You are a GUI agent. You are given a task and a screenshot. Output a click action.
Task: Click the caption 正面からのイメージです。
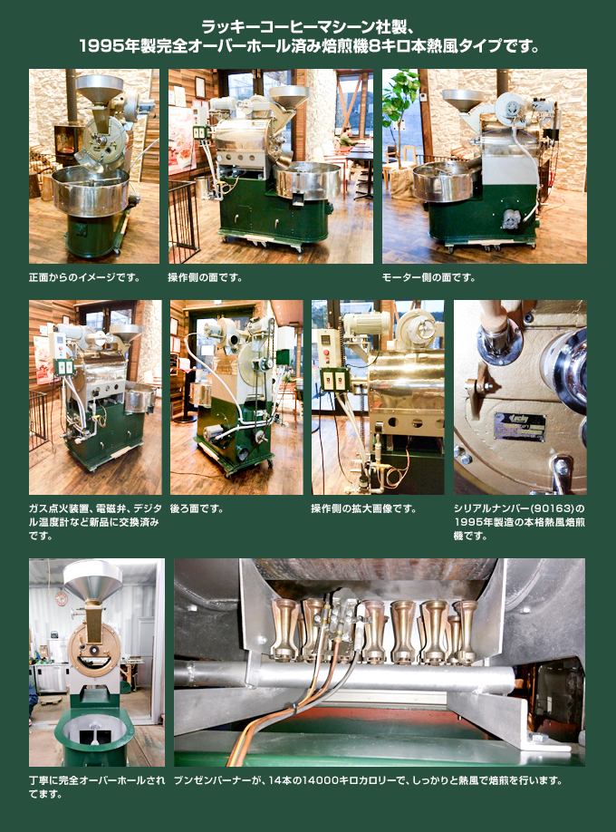(84, 277)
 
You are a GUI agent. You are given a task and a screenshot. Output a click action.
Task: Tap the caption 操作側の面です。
(206, 277)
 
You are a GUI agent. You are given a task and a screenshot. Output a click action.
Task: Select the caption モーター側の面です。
(428, 277)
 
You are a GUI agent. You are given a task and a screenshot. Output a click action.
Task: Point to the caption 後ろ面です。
(197, 508)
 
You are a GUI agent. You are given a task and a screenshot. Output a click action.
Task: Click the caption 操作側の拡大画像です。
(364, 508)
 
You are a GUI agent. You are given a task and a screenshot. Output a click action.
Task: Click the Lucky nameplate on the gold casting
(519, 425)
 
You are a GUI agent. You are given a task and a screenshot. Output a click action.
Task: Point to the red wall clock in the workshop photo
(61, 598)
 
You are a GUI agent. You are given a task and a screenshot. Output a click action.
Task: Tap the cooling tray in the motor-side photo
(444, 181)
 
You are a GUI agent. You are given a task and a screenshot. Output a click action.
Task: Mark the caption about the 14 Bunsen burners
(368, 780)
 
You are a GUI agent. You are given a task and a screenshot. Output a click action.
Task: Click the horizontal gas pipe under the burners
(345, 675)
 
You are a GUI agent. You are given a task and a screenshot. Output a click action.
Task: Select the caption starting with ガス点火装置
(94, 522)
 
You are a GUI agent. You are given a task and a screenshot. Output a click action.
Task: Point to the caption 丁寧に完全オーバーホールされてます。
(97, 788)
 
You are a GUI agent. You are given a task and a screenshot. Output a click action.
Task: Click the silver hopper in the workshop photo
(92, 579)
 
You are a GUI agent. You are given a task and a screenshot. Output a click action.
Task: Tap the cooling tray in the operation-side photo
(308, 181)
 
